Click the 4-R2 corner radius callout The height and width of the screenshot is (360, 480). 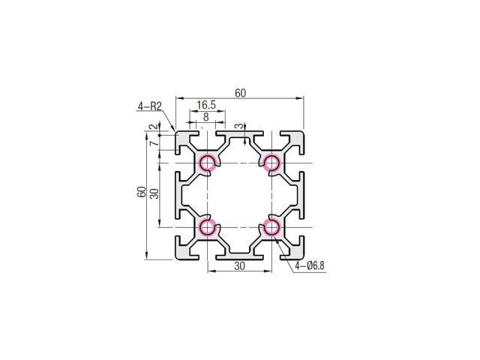point(149,106)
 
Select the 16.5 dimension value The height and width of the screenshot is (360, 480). point(206,105)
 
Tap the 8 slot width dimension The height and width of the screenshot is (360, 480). point(206,117)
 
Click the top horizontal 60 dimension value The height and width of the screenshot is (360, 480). point(240,93)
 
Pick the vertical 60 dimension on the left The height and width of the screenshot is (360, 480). point(142,192)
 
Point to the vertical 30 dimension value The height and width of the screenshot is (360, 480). point(155,193)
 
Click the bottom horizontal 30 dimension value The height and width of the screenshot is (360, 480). point(239,266)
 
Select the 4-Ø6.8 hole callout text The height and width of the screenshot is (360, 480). point(309,265)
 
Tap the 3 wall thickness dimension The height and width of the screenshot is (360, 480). point(240,126)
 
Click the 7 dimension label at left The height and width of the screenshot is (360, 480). point(155,142)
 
